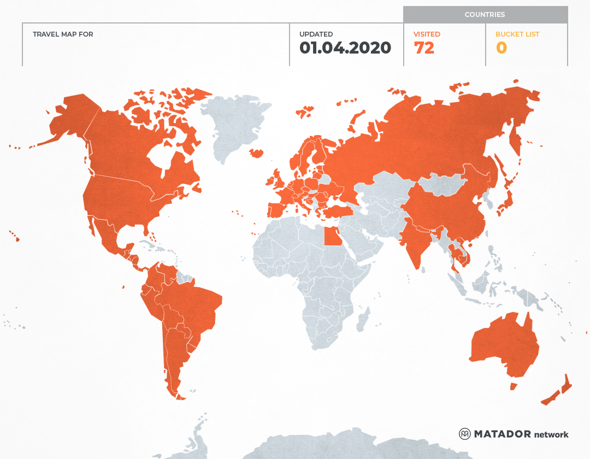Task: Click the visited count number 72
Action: coord(424,48)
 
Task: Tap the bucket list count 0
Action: coord(501,48)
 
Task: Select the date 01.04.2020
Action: coord(345,48)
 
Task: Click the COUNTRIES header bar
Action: coord(485,15)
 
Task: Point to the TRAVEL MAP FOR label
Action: coord(63,34)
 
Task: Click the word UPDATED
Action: coord(316,34)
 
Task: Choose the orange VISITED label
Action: coord(427,34)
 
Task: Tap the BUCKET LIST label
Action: coord(517,34)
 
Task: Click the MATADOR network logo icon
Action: coord(464,434)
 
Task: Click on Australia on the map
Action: coord(503,344)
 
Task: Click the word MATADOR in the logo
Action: coord(502,434)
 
